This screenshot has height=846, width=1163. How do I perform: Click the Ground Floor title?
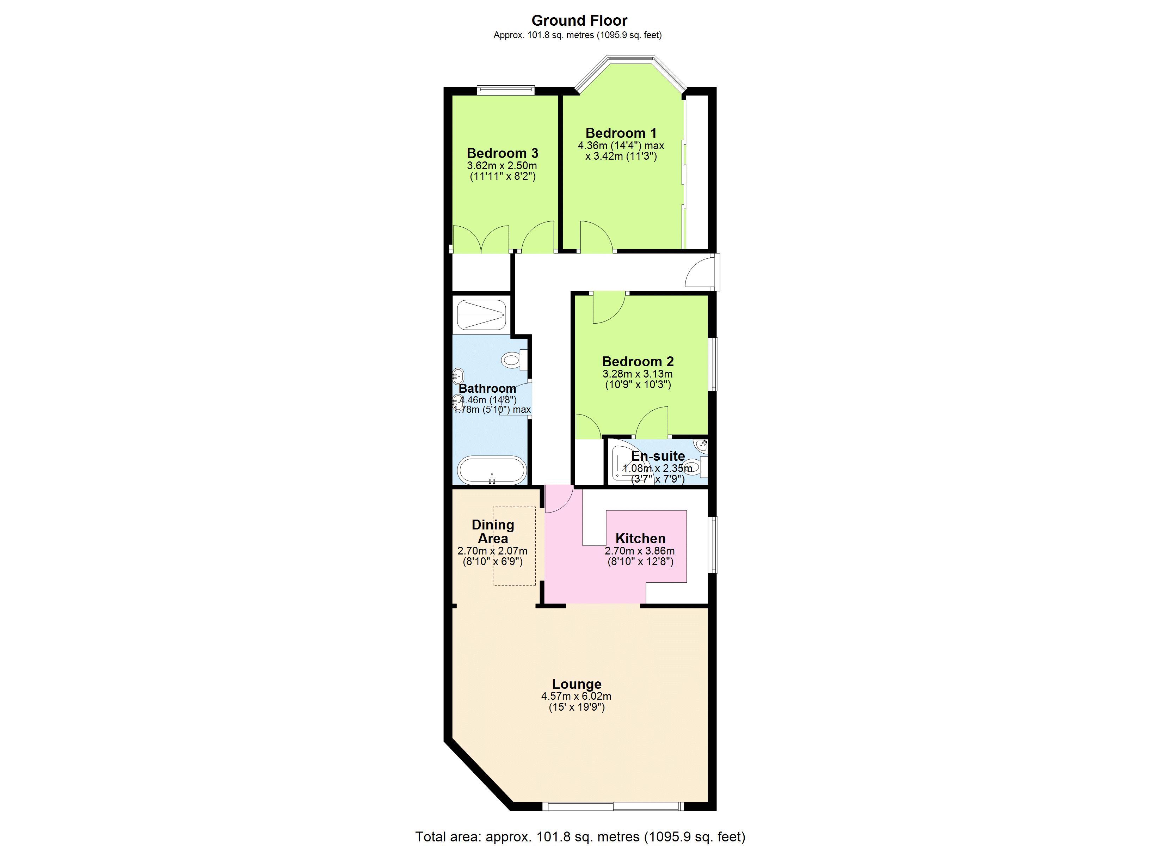point(579,20)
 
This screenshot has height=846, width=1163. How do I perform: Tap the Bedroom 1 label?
point(621,133)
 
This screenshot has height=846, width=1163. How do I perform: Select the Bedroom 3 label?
point(503,153)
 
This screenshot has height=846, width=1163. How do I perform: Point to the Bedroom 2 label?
point(638,361)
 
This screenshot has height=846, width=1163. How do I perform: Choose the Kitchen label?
point(640,538)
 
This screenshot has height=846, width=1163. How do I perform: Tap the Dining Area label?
point(493,532)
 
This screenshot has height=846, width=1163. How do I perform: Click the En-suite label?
point(658,455)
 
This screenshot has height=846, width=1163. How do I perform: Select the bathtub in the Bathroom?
point(492,470)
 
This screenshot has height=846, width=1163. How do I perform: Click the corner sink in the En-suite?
point(701,446)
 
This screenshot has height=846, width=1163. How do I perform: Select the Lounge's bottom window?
point(613,806)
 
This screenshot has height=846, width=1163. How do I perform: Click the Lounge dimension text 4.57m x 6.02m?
point(576,696)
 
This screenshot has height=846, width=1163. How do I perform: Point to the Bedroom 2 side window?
point(713,364)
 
